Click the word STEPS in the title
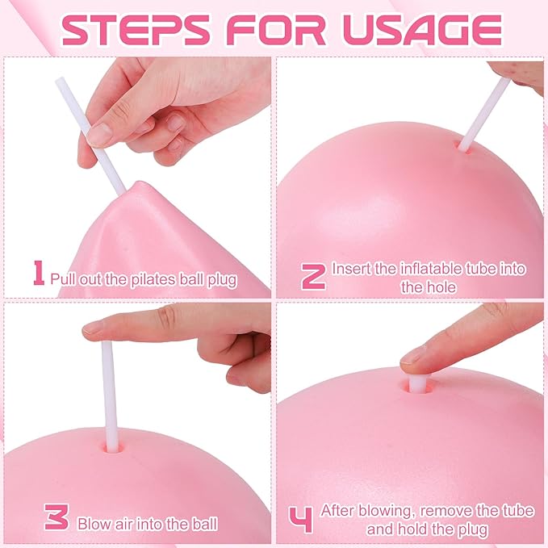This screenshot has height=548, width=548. point(136,30)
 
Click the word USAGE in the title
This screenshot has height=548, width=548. point(423,30)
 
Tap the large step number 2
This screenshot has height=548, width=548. point(313,277)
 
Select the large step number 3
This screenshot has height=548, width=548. point(56,517)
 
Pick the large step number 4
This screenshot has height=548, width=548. point(301,520)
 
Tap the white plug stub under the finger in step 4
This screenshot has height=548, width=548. point(418,383)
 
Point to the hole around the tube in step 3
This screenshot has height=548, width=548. point(113,448)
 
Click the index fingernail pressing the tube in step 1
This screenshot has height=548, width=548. point(99,136)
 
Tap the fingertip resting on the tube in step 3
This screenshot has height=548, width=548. point(94,329)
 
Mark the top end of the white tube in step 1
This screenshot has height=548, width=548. point(60,80)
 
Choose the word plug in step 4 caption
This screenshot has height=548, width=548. point(474,529)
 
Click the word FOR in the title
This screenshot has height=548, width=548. point(276,30)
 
